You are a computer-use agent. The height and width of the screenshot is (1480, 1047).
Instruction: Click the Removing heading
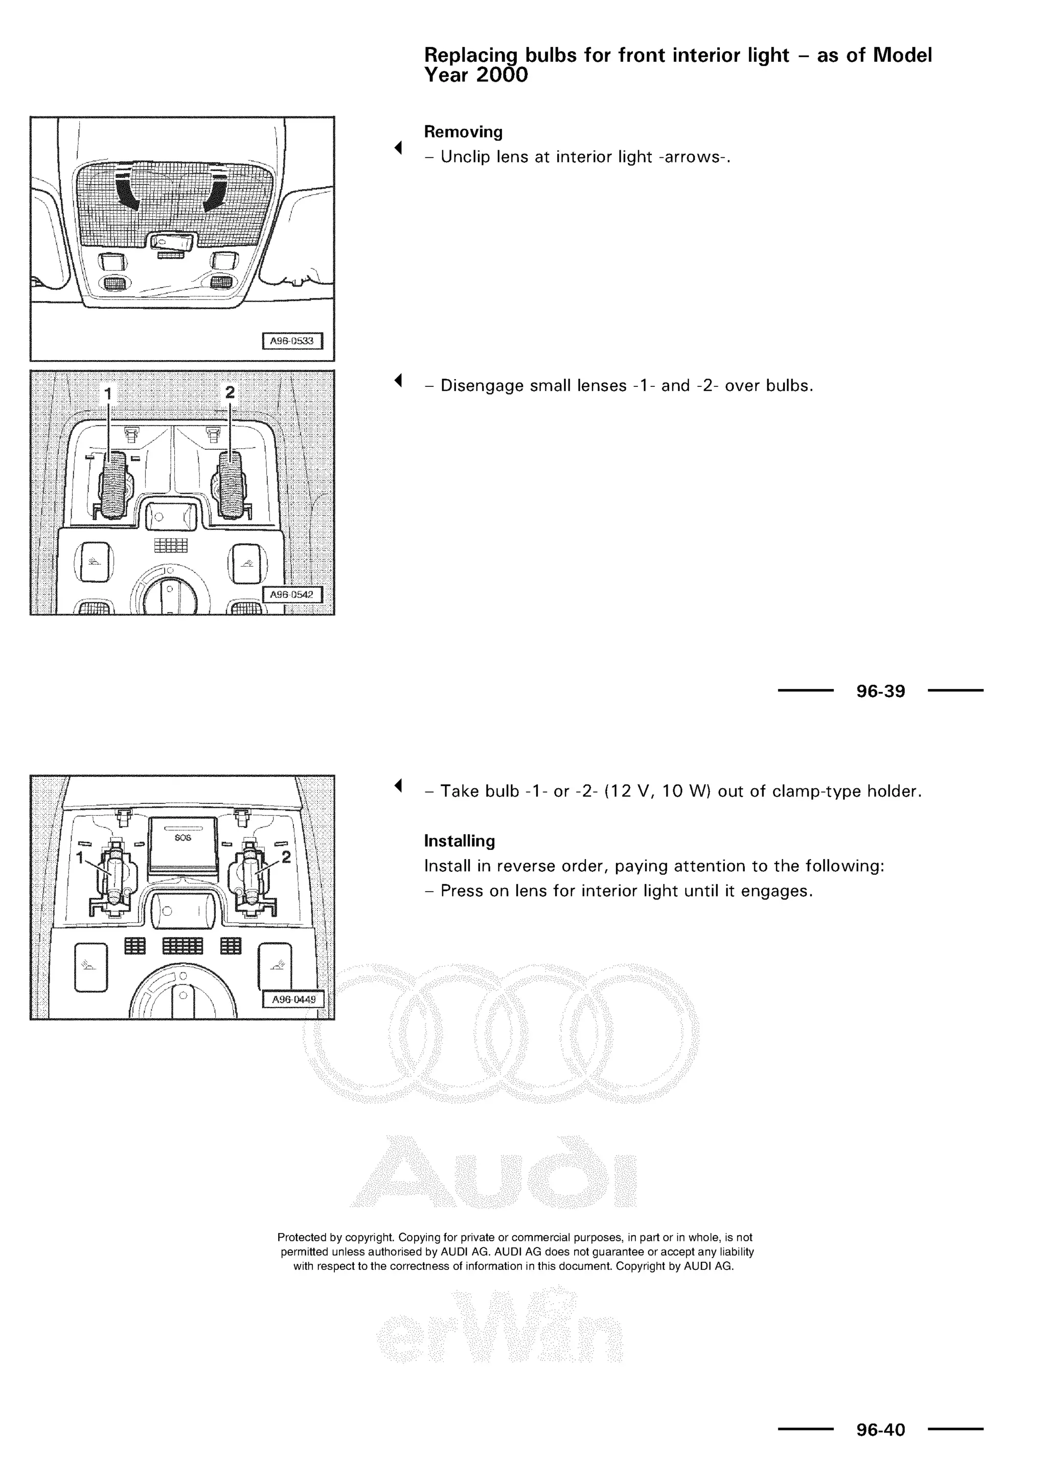pyautogui.click(x=463, y=132)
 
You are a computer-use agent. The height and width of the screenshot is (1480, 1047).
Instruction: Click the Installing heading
pyautogui.click(x=459, y=841)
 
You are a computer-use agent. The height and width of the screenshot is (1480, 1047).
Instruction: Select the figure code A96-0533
pyautogui.click(x=291, y=341)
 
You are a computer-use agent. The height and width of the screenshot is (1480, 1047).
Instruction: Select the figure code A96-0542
pyautogui.click(x=291, y=594)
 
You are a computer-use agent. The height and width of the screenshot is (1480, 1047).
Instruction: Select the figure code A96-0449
pyautogui.click(x=293, y=999)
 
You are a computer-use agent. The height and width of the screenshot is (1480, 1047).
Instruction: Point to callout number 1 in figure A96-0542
pyautogui.click(x=108, y=392)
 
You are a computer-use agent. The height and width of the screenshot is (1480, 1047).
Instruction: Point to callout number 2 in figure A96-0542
pyautogui.click(x=230, y=392)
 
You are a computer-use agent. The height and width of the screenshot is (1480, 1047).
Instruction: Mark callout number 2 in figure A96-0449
pyautogui.click(x=286, y=857)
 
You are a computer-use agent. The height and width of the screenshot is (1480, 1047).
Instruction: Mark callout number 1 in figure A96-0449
pyautogui.click(x=80, y=858)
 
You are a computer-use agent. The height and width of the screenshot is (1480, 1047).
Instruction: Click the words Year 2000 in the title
pyautogui.click(x=476, y=76)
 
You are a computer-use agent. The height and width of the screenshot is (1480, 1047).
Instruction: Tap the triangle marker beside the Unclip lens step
pyautogui.click(x=398, y=148)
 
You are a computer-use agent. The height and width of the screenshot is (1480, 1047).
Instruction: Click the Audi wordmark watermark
pyautogui.click(x=493, y=1172)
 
